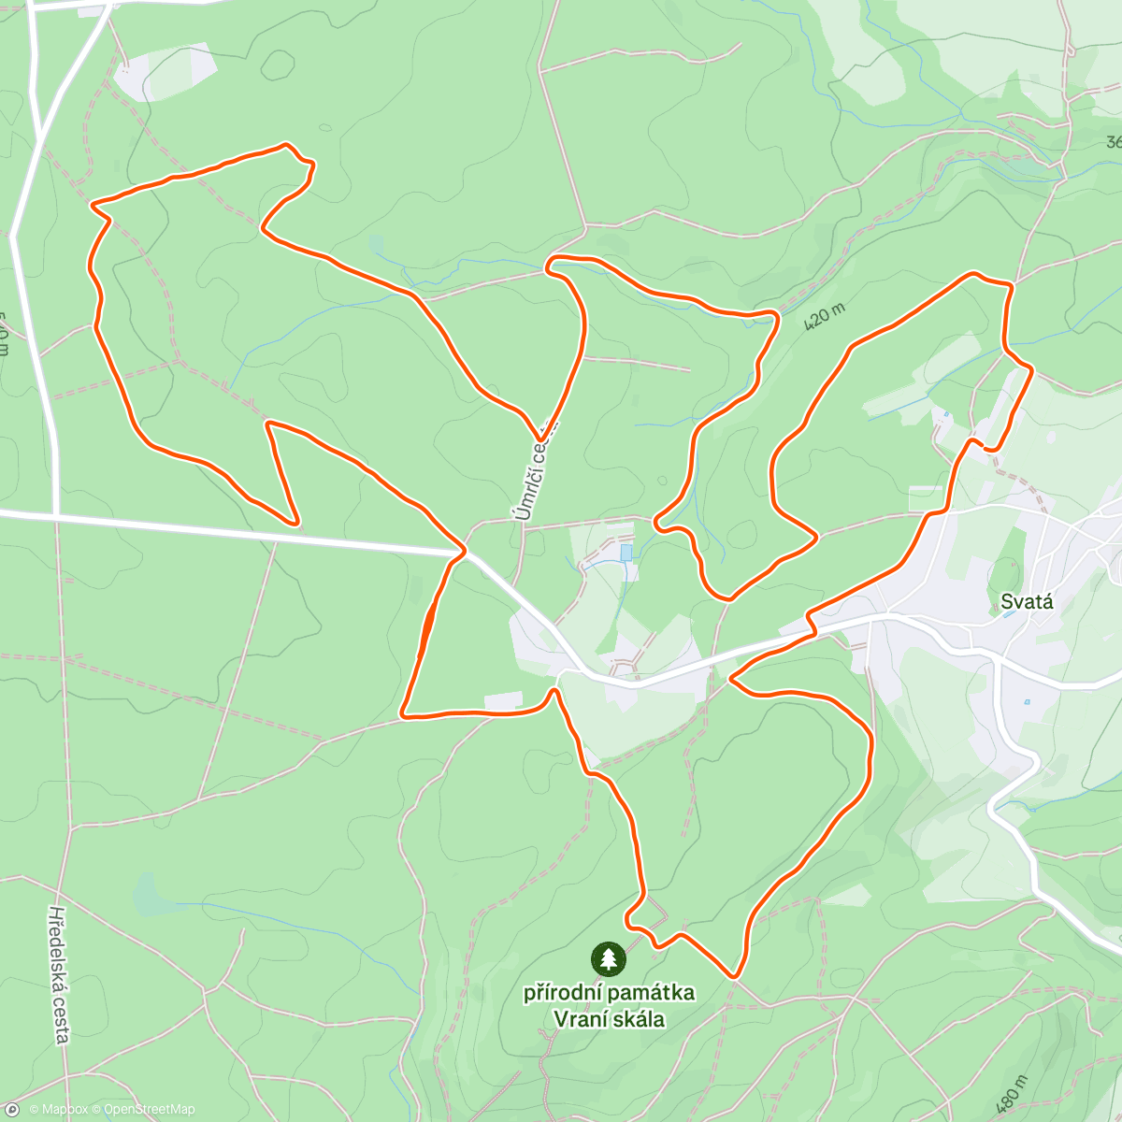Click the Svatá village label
pos(1027,601)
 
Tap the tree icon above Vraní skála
pos(609,958)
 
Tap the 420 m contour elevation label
pos(824,315)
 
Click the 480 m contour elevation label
pos(1011,1094)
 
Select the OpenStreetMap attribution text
pos(150,1110)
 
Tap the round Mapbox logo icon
pos(11,1110)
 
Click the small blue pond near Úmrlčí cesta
pos(626,553)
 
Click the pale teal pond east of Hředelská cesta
pos(147,895)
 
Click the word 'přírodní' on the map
pos(562,992)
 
